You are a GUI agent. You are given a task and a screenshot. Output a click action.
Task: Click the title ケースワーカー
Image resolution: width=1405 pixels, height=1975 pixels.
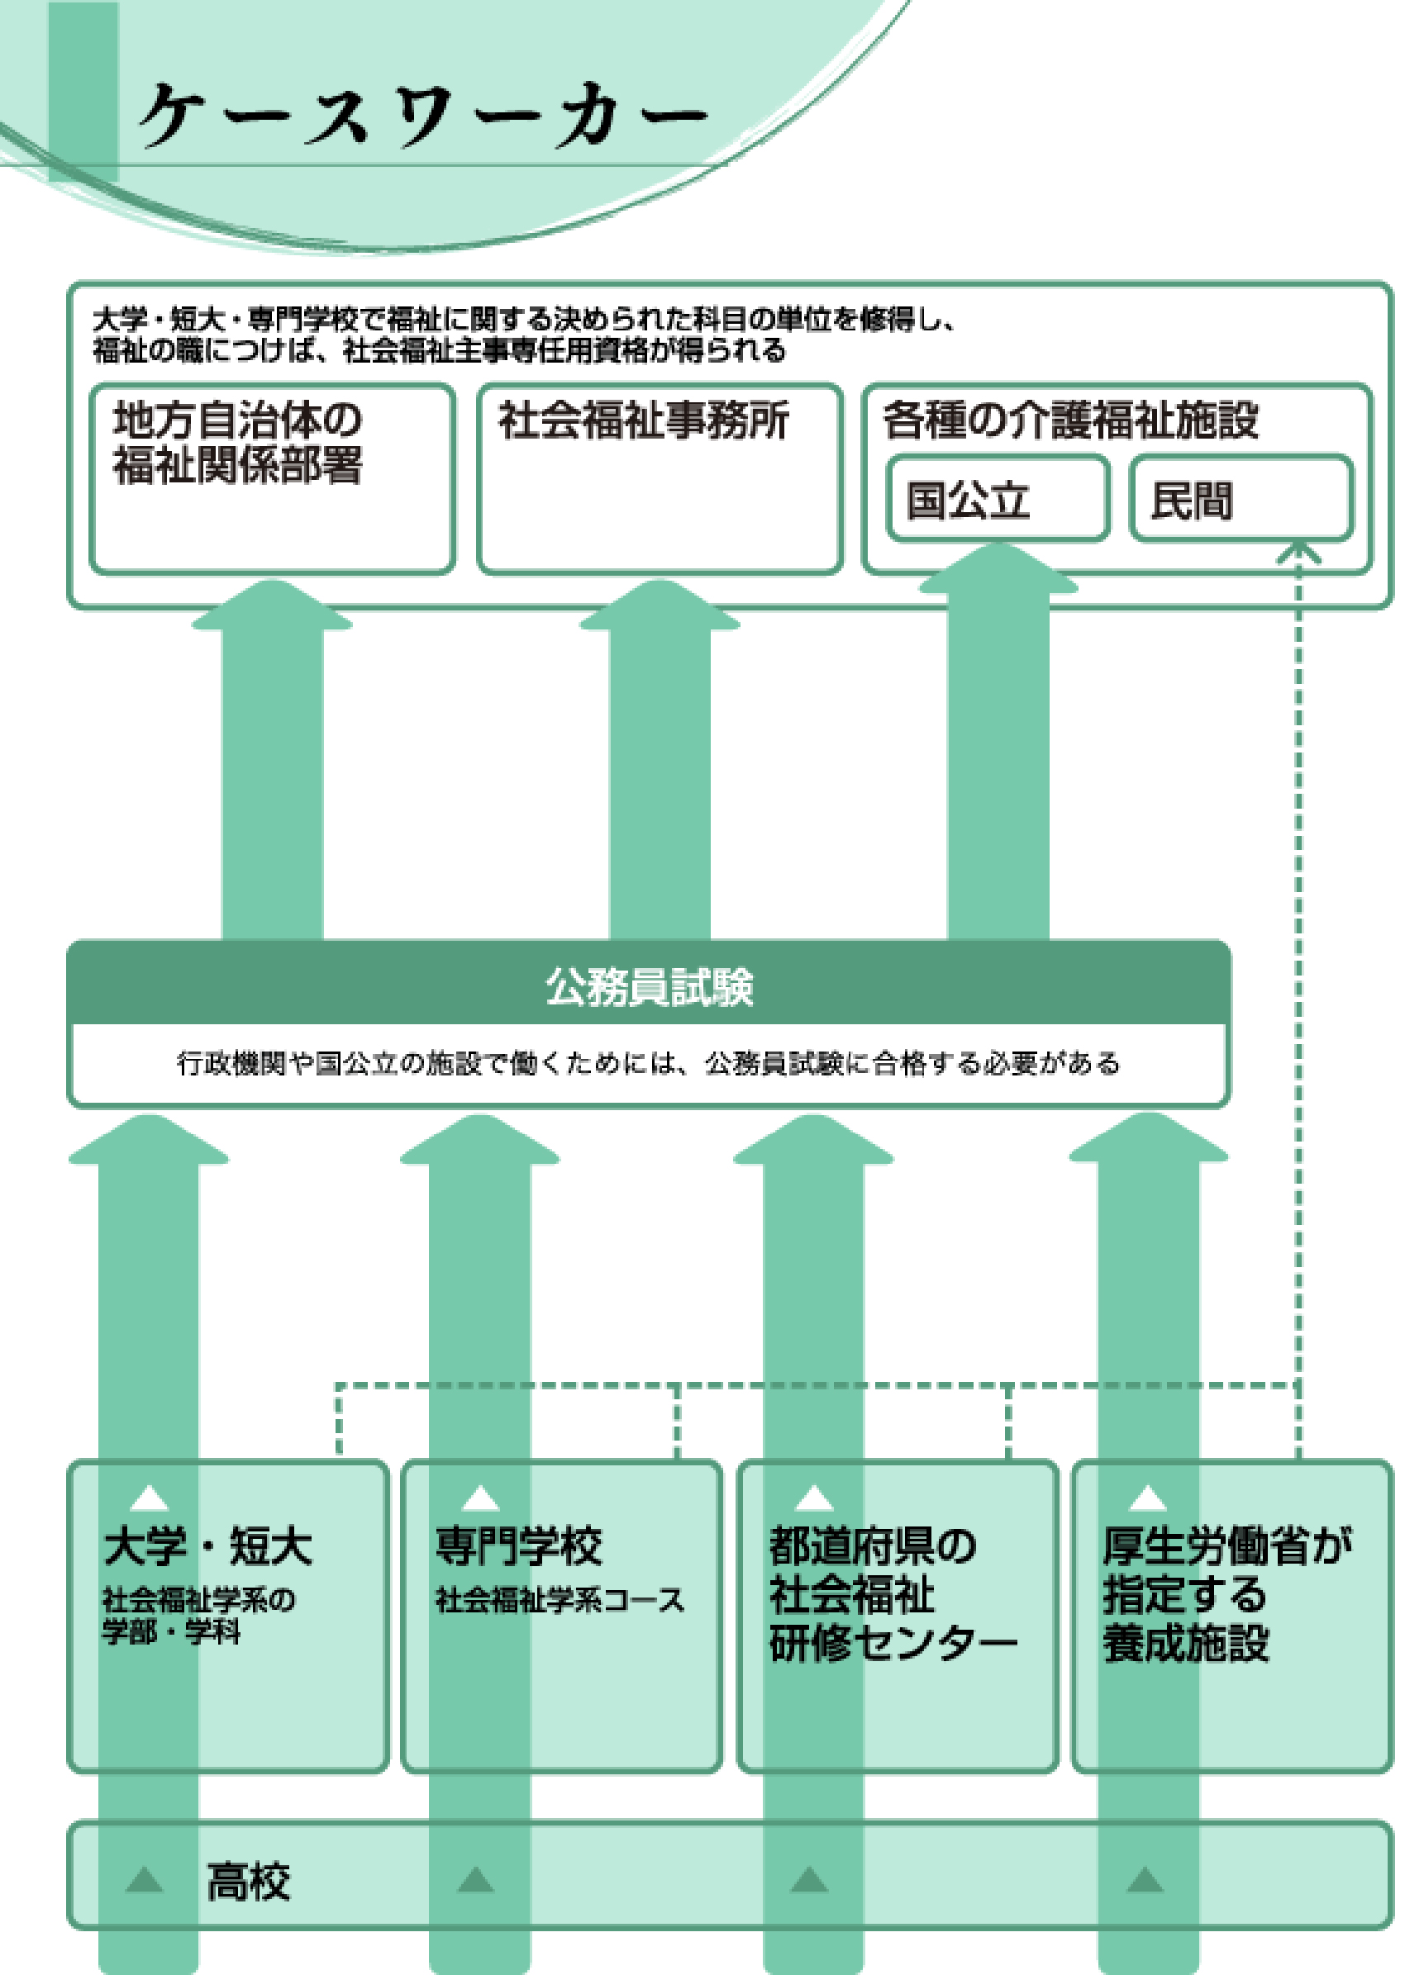[424, 115]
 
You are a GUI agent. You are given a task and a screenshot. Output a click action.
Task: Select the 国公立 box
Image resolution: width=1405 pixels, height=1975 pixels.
[998, 500]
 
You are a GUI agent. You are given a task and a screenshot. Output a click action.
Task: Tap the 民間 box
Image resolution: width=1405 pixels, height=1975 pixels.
[1241, 500]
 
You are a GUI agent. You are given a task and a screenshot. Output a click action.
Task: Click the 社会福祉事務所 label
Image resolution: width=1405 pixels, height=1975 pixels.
[643, 421]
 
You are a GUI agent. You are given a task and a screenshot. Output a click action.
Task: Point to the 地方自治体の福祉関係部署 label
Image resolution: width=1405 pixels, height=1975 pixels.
[237, 442]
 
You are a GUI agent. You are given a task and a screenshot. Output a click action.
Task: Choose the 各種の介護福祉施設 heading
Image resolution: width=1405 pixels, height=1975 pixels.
[1070, 421]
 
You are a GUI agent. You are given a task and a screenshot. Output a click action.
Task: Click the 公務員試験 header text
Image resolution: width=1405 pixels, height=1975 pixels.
[648, 986]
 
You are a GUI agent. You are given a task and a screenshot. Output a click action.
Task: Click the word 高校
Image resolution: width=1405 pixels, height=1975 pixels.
[248, 1882]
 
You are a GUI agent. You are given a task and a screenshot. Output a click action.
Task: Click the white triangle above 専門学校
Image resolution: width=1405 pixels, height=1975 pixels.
[481, 1498]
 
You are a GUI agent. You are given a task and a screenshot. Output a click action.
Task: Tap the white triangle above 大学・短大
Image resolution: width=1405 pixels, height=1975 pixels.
[149, 1498]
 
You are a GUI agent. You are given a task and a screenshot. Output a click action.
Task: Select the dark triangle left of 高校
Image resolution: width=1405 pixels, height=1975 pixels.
[145, 1880]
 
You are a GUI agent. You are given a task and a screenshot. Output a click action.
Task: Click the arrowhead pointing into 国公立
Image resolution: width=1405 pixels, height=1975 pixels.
[998, 567]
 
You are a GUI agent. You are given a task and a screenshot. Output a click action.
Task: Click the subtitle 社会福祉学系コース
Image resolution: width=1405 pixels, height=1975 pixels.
[559, 1601]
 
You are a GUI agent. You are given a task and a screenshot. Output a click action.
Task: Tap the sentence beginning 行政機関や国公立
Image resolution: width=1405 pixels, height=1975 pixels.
[648, 1063]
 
